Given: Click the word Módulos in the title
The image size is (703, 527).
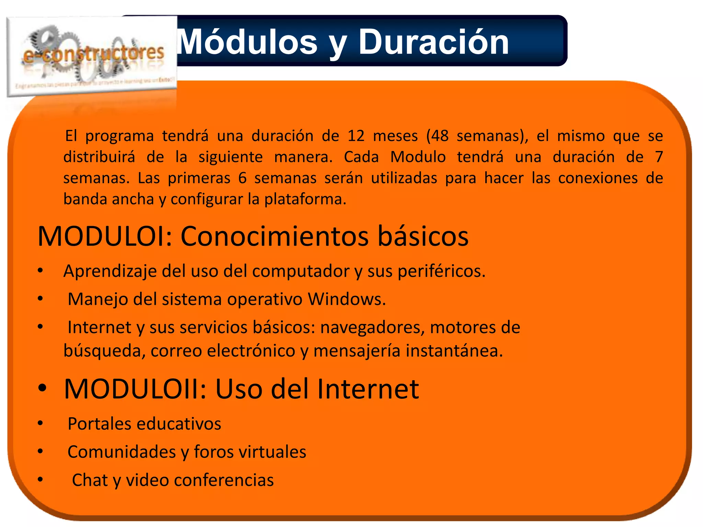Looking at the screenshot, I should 247,42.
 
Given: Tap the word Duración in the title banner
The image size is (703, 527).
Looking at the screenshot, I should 433,42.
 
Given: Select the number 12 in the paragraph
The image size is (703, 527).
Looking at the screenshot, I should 356,136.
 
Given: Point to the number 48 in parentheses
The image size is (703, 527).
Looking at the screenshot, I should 440,136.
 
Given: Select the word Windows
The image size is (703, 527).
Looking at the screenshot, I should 346,299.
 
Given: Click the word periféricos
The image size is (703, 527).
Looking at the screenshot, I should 441,271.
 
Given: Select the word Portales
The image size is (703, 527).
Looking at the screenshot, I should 99,423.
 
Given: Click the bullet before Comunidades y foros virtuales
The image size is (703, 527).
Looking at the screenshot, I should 41,452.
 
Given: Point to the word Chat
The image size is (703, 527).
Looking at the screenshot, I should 90,480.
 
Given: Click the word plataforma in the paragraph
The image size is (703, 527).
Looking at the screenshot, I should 305,199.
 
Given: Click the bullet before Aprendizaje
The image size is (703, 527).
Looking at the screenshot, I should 41,271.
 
